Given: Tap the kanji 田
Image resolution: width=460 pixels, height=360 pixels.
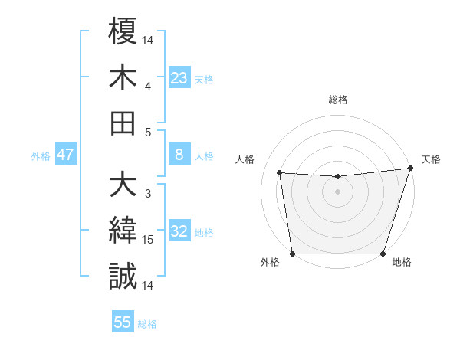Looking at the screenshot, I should (x=123, y=123).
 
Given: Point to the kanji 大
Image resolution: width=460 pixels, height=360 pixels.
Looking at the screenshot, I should (x=123, y=185).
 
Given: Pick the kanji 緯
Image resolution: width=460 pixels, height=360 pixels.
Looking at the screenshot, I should (x=123, y=231).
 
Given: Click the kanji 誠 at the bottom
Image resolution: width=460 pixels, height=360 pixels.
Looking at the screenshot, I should (x=123, y=276).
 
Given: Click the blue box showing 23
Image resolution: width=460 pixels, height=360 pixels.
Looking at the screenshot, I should (x=179, y=77).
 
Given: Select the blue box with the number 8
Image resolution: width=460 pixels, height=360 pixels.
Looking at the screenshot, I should (x=179, y=155).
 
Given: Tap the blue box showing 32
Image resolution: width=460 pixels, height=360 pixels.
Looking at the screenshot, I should (x=179, y=231).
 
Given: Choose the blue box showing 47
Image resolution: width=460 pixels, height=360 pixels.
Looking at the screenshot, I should (x=66, y=155).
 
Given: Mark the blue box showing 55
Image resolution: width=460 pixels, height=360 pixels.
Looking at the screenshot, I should (x=123, y=322).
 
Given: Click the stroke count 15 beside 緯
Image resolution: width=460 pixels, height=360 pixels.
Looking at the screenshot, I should (x=148, y=240).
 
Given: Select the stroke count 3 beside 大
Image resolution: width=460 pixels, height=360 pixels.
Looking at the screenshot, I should (x=148, y=193).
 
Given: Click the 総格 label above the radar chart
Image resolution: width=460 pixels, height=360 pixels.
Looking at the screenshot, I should (x=337, y=100).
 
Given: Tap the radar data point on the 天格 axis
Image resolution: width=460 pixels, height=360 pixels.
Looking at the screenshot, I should (x=410, y=169).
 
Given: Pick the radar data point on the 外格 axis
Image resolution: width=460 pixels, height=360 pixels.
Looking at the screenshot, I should (x=292, y=254).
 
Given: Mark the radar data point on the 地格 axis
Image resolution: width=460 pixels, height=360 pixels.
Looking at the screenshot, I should (x=383, y=254).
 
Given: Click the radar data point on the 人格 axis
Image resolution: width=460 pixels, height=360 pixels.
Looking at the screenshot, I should (x=279, y=172).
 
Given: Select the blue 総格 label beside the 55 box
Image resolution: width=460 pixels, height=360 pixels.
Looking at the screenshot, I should (x=147, y=324).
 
